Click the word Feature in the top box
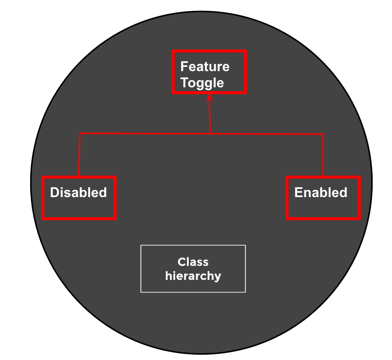pos(205,67)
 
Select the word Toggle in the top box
pos(202,83)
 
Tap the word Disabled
pos(78,193)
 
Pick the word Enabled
pos(321,193)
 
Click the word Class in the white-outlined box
pos(193,262)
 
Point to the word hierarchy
pos(193,275)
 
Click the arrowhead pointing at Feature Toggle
pos(209,97)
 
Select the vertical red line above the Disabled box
pos(80,155)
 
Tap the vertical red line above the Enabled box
pos(323,155)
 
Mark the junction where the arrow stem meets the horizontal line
pos(210,134)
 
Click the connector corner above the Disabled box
pos(80,134)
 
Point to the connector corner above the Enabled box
pos(323,134)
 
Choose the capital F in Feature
pos(184,67)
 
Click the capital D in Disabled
pos(54,193)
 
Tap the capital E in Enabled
pos(298,193)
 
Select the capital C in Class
pos(181,262)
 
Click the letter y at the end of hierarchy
pos(218,276)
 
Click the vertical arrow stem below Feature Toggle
pos(210,117)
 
